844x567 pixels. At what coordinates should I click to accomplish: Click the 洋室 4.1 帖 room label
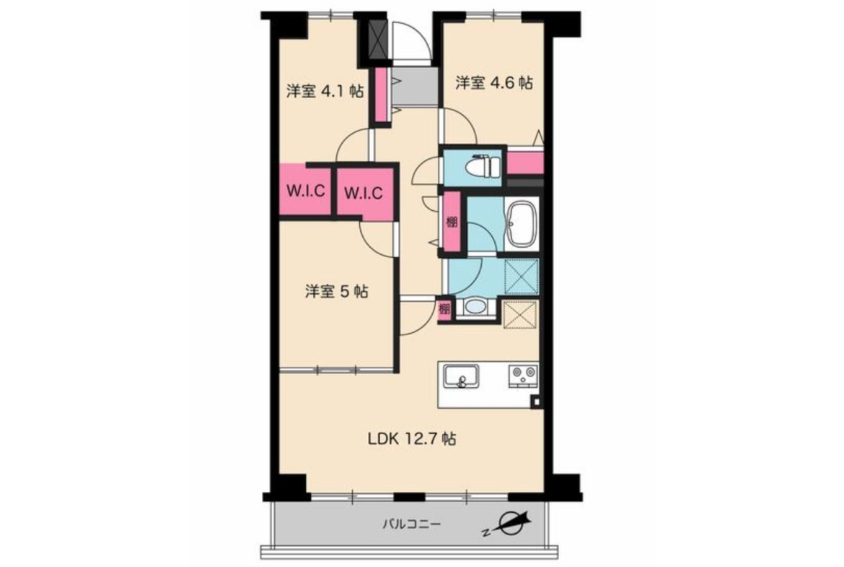coord(325,90)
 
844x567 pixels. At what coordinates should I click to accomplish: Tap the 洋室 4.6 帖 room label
coord(494,82)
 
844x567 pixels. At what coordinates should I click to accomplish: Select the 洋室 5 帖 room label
coord(337,292)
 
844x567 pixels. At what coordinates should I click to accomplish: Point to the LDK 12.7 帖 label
coord(413,438)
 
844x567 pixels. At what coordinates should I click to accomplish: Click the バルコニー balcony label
coord(412,524)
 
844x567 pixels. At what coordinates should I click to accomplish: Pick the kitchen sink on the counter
coord(461,376)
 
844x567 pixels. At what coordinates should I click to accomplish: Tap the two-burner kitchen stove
coord(523,376)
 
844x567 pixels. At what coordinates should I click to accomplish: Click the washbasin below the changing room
coord(475,307)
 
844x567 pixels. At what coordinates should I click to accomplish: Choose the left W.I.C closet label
coord(305,190)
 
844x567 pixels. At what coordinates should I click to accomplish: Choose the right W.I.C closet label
coord(363,192)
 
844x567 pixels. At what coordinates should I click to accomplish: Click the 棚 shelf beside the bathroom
coord(452,222)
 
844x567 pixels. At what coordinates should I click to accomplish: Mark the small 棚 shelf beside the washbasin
coord(444,309)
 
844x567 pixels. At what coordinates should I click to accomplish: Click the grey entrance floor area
coord(413,86)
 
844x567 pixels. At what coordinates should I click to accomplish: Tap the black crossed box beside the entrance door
coord(378,39)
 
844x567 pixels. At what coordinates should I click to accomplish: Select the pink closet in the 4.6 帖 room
coord(525,163)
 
